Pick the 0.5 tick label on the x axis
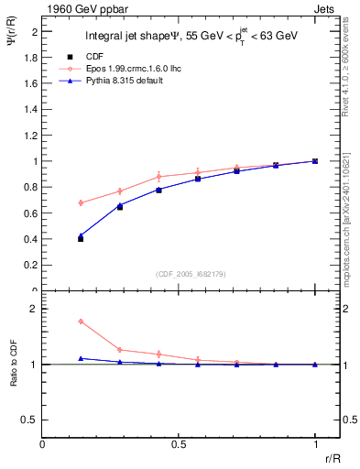(179, 445)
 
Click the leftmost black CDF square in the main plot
(81, 238)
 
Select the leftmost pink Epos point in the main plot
(81, 202)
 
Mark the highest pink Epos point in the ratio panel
(81, 322)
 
